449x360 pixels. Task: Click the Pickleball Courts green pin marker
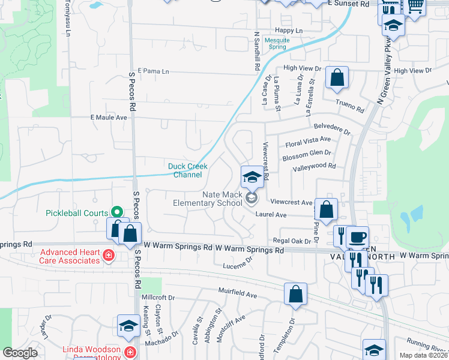click(117, 212)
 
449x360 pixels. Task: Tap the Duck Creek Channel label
click(187, 170)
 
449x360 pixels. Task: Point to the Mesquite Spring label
click(277, 43)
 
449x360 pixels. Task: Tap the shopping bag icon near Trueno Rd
click(337, 78)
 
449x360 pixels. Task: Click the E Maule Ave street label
click(109, 118)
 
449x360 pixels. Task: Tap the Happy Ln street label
click(289, 31)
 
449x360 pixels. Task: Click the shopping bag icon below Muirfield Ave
click(295, 295)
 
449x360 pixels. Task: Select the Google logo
click(19, 353)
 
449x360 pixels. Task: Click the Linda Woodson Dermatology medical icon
click(130, 352)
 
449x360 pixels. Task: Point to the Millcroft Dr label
click(158, 297)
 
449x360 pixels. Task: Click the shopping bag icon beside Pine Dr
click(327, 210)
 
